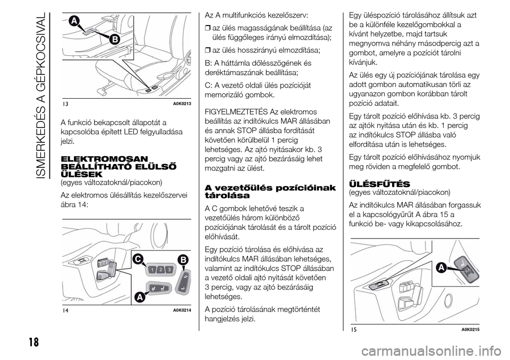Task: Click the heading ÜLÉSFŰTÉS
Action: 376,183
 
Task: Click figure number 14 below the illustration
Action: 64,310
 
